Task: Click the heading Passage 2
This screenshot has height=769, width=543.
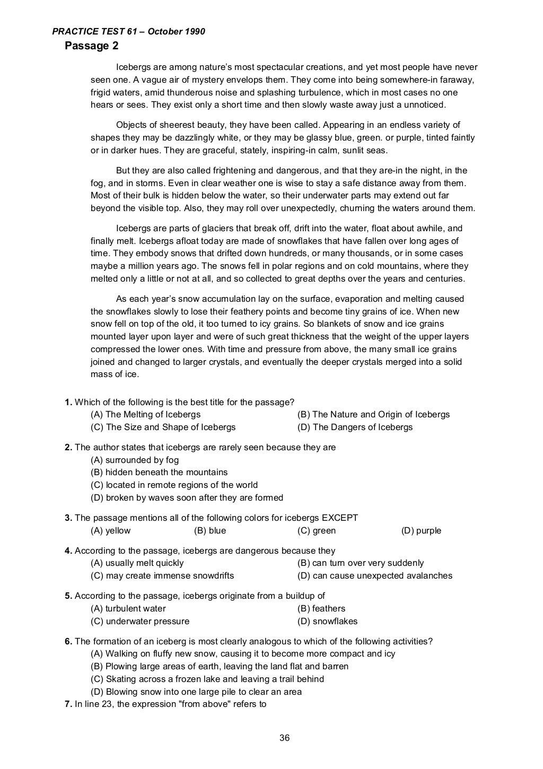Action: click(92, 46)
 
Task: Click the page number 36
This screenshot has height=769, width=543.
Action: click(285, 738)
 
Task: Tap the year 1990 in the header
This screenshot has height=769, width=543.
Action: click(195, 32)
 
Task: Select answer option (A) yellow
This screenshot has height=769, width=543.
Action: click(110, 531)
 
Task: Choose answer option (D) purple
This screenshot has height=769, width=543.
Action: click(421, 531)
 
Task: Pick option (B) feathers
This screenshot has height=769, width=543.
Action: click(321, 609)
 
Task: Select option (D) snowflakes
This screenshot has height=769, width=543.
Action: click(327, 622)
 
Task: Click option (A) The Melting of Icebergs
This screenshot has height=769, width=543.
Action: click(146, 415)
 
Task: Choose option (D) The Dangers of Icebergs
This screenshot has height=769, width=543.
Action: click(355, 427)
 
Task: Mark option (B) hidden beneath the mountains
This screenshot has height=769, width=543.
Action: click(159, 473)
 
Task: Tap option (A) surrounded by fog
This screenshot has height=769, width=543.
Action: click(135, 460)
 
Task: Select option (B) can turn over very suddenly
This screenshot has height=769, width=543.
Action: click(361, 563)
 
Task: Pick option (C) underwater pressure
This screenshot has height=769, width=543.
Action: click(140, 622)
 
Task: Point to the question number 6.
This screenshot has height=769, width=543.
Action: click(68, 642)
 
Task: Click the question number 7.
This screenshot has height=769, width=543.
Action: click(68, 704)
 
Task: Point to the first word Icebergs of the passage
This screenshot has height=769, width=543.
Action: click(133, 67)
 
